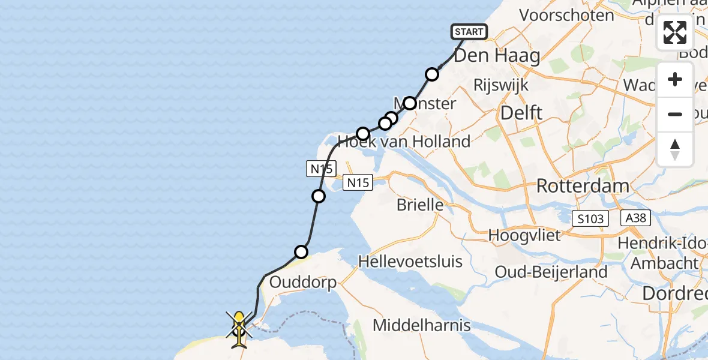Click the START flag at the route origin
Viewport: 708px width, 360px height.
469,31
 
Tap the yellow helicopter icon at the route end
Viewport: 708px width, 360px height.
239,329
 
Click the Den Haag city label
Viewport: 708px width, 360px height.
497,56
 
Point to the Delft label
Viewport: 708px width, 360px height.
521,112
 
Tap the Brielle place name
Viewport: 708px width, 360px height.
420,205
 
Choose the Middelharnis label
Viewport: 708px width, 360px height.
422,325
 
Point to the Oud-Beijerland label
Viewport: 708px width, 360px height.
551,272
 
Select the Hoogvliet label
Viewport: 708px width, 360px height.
524,235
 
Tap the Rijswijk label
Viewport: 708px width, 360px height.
501,85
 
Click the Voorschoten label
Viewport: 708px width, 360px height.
566,15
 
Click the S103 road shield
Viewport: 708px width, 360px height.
590,219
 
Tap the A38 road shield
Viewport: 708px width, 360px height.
634,218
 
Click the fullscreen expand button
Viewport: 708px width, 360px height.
675,32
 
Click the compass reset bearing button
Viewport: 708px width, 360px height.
675,149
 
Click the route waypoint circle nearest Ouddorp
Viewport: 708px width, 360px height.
301,252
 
